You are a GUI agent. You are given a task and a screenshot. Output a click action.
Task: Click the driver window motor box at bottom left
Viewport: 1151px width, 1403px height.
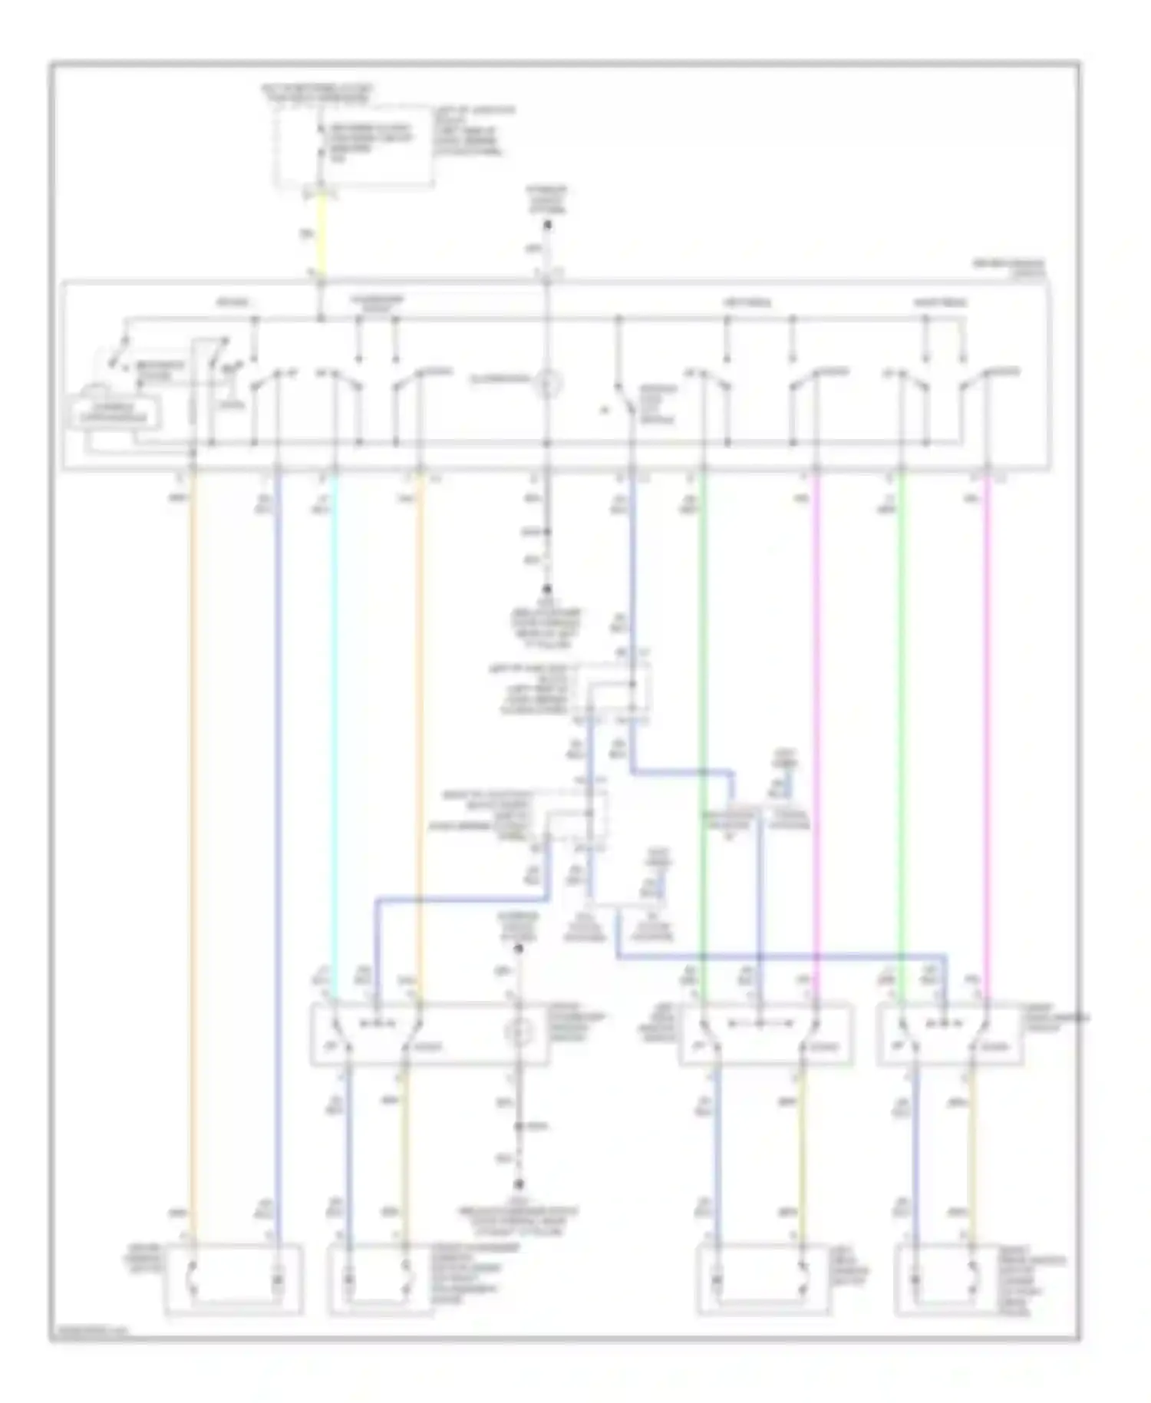(233, 1279)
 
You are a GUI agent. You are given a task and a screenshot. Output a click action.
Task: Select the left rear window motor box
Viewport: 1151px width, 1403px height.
(763, 1279)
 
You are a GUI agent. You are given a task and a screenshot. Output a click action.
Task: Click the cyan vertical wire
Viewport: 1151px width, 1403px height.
(334, 729)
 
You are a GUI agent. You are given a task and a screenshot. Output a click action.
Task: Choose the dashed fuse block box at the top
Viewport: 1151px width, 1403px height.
(355, 146)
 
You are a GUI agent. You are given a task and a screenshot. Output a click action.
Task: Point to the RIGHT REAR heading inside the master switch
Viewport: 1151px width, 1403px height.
(939, 302)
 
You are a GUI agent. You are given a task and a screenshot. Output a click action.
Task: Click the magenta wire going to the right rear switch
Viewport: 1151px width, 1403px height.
(988, 729)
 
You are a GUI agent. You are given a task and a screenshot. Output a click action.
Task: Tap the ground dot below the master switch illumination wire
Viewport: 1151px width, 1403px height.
(548, 589)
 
